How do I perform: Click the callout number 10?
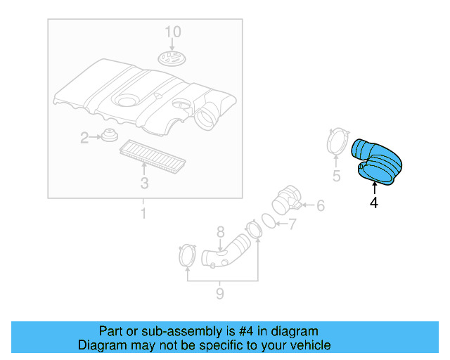pos(173,32)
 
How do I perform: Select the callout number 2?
pos(84,138)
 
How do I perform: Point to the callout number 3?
pos(144,184)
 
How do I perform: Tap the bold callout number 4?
pos(374,203)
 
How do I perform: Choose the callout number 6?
pos(320,206)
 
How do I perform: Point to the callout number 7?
pos(293,225)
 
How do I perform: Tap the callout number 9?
pos(219,293)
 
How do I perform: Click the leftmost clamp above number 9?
pos(187,255)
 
